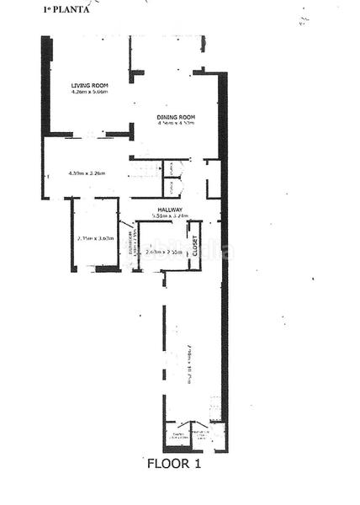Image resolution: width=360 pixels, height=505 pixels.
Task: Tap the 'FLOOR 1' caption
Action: [174, 463]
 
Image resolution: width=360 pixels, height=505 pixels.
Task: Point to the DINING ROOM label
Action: [176, 116]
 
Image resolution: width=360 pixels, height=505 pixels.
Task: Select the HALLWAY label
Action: [170, 210]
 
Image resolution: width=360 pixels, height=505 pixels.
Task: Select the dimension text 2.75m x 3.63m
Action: [95, 238]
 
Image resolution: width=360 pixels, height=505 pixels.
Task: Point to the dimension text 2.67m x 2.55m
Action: [163, 252]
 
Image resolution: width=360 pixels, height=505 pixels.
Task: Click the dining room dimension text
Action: [176, 124]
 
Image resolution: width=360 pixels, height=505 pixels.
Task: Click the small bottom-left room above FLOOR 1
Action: [178, 435]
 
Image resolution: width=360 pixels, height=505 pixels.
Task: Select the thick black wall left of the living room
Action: [45, 84]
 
